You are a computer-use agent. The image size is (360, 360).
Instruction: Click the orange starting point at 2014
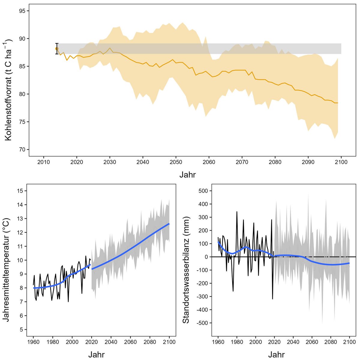tap(57, 49)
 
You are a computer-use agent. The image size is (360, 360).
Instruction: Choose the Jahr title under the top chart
tap(188, 174)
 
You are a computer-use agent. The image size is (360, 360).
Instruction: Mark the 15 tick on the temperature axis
tap(20, 191)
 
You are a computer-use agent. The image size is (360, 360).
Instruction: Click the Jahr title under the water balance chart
tap(276, 355)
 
